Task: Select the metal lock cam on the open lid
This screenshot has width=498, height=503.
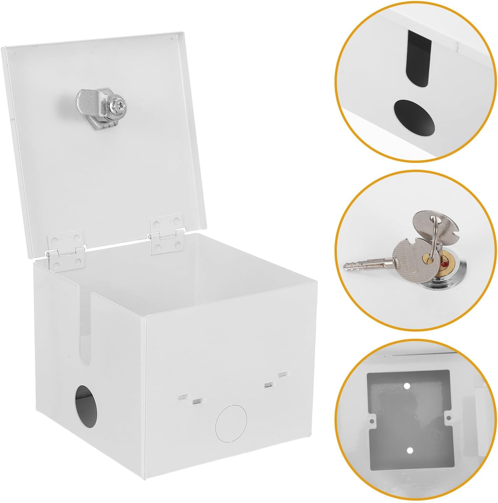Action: tap(100, 106)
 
